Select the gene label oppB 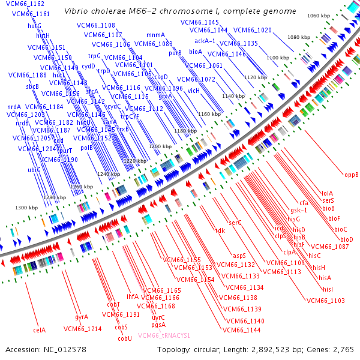[351, 175]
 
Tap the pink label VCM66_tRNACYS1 [164, 335]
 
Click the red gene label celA [40, 329]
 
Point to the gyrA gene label [82, 316]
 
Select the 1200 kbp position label [160, 146]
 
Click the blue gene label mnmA [155, 35]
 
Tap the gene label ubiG [34, 170]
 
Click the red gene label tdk [220, 230]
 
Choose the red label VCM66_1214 [82, 328]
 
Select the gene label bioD [343, 240]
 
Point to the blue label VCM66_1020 [252, 30]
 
